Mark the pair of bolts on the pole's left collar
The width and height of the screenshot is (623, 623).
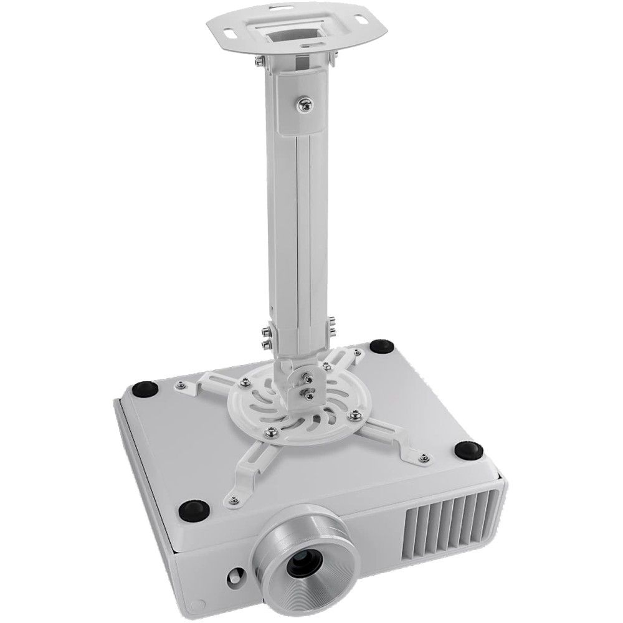(267, 336)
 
